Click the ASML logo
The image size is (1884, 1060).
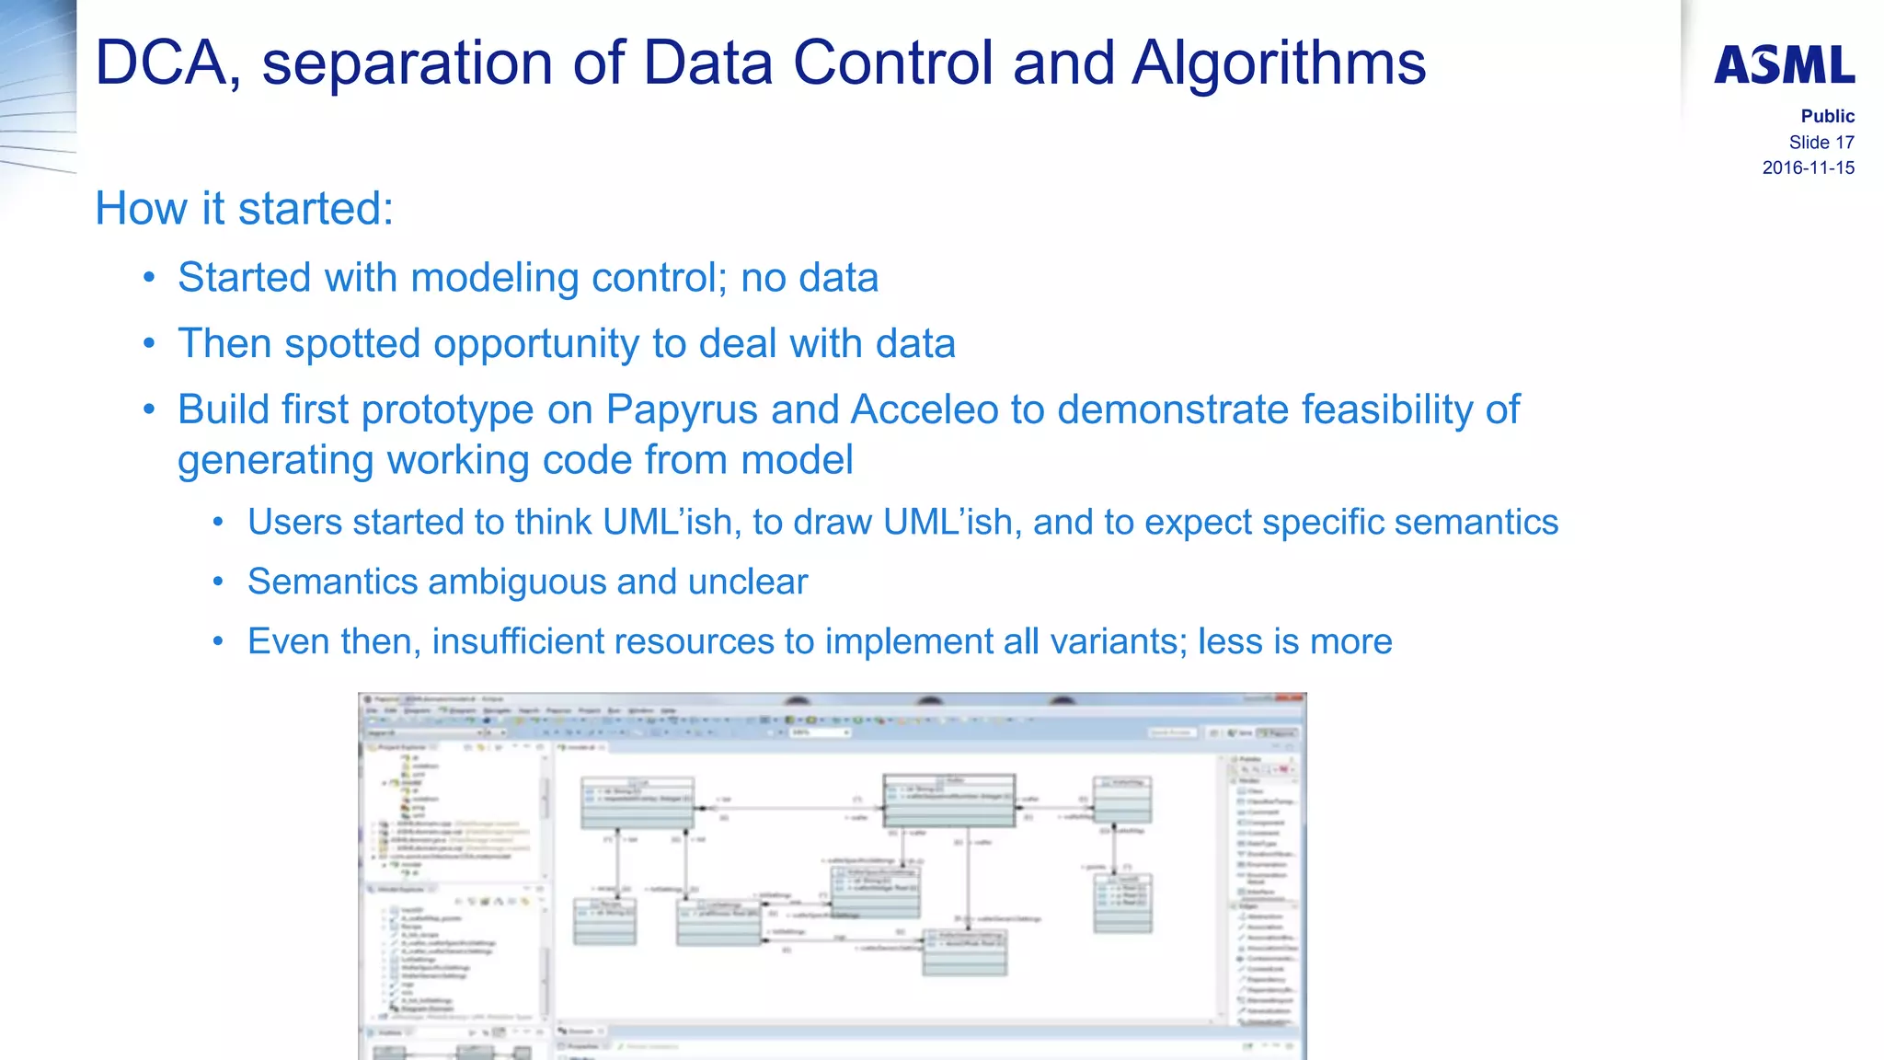[1784, 65]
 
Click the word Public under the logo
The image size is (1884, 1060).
[1827, 117]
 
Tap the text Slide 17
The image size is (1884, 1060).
[1821, 143]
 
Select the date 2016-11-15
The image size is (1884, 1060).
[1808, 168]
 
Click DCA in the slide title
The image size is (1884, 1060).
[161, 63]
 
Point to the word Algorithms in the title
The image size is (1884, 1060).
[1278, 63]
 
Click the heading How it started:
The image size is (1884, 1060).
[244, 209]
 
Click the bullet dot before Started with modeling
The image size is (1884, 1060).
[149, 279]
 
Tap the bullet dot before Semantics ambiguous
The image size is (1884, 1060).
[218, 582]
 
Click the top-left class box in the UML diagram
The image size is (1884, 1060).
[637, 801]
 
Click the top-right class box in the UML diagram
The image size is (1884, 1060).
[1121, 800]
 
